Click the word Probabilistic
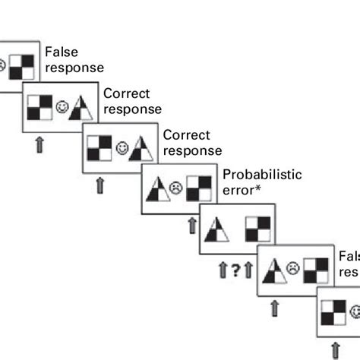[x=261, y=175]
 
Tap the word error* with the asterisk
[x=241, y=190]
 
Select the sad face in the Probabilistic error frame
[x=177, y=186]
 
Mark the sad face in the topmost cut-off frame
[x=3, y=66]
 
